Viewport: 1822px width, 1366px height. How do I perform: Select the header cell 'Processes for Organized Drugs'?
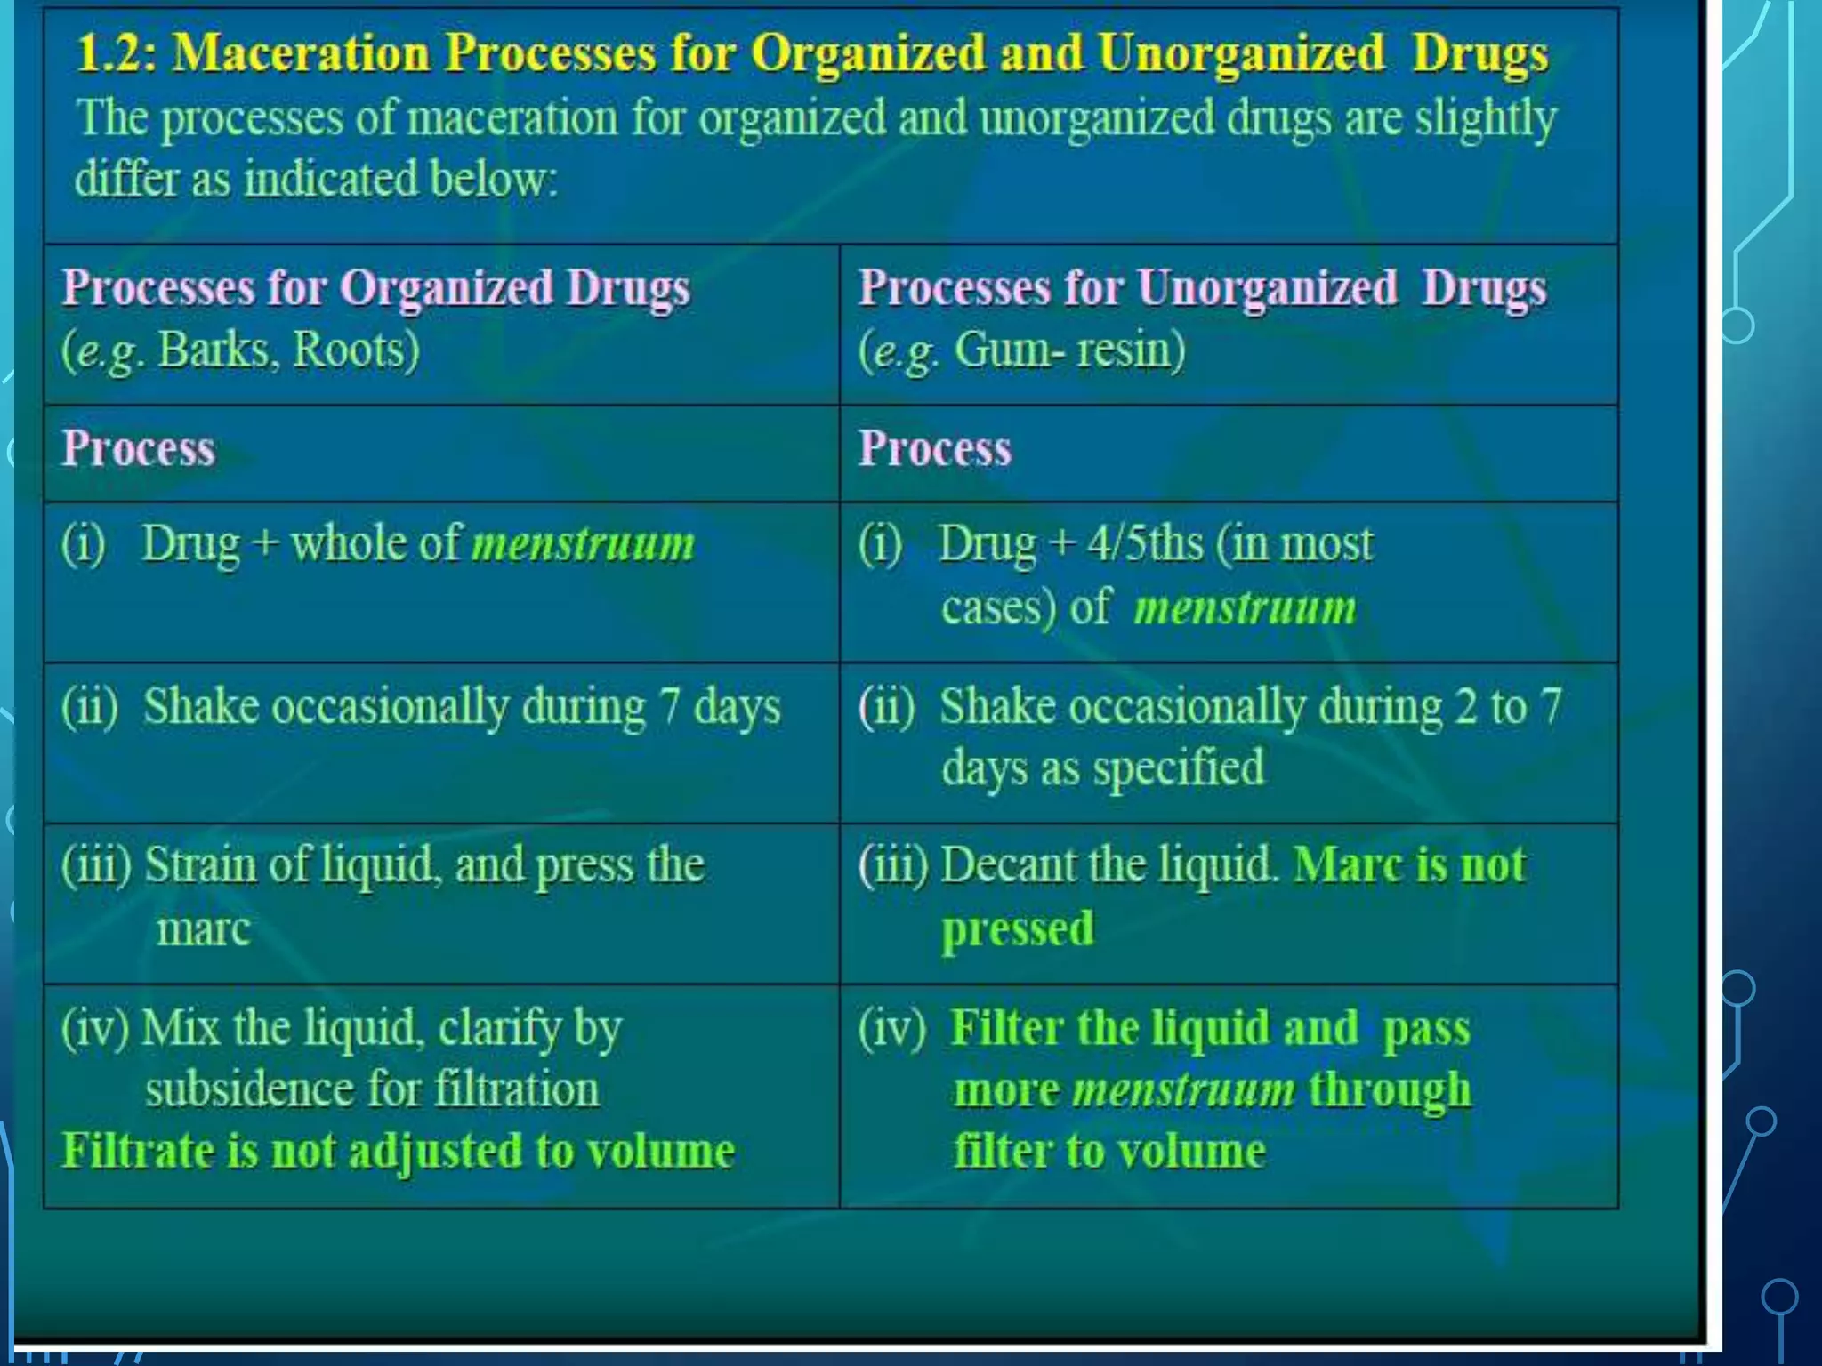pyautogui.click(x=375, y=289)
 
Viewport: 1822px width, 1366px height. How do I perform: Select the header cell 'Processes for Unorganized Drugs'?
pyautogui.click(x=1202, y=289)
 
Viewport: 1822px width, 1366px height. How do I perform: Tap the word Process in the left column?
pyautogui.click(x=138, y=449)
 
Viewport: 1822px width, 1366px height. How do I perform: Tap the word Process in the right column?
pyautogui.click(x=934, y=449)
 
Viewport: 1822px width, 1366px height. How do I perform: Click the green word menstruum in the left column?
pyautogui.click(x=583, y=544)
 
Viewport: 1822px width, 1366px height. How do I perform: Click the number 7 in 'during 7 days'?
pyautogui.click(x=669, y=708)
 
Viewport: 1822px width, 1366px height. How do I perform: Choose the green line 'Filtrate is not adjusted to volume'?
pyautogui.click(x=398, y=1152)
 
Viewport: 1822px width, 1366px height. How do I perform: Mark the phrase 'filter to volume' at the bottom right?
pyautogui.click(x=1109, y=1152)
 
